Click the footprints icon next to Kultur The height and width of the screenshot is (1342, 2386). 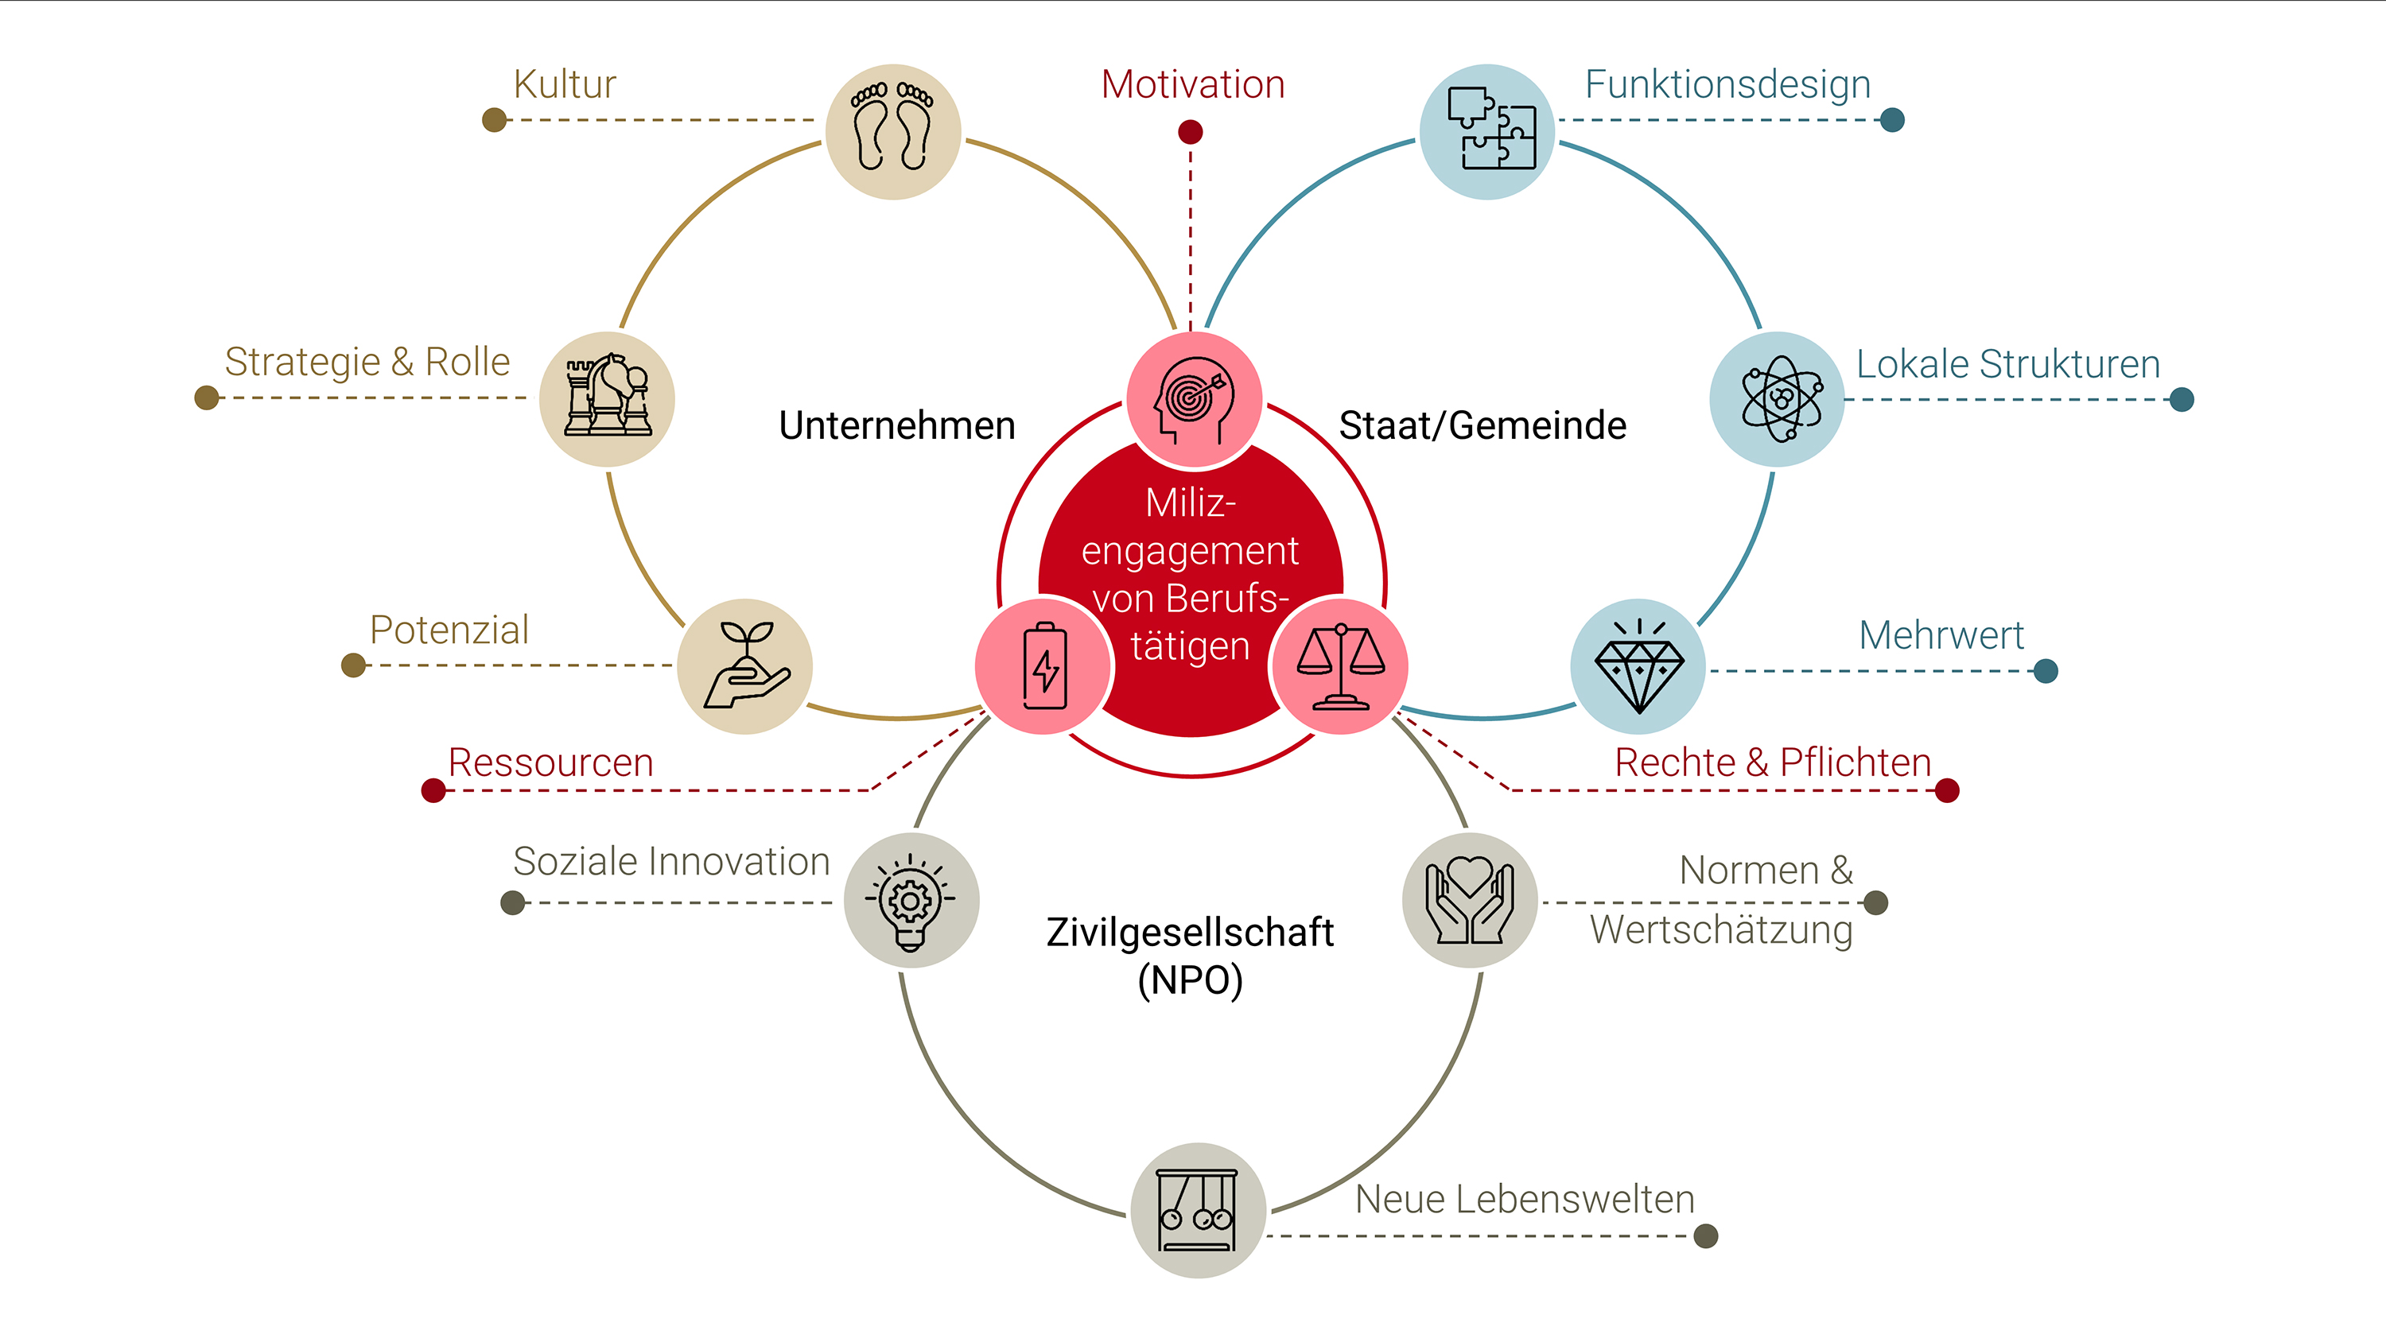tap(893, 127)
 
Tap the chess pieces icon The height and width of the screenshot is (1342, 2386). tap(608, 397)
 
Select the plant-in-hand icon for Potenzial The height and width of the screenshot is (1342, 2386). tap(747, 665)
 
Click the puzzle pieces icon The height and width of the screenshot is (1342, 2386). tap(1490, 129)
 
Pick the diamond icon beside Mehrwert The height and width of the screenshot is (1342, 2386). tap(1638, 667)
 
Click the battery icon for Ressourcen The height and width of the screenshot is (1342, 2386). tap(1045, 666)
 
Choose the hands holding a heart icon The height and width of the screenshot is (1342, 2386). tap(1470, 900)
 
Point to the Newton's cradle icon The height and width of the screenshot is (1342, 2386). tap(1198, 1211)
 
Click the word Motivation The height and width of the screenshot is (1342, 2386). tap(1193, 84)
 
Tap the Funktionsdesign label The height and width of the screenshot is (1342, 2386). tap(1727, 85)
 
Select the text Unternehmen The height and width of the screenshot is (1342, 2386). tap(896, 425)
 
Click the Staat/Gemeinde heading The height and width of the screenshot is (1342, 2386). tap(1482, 425)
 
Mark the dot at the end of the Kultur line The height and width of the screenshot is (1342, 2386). tap(495, 119)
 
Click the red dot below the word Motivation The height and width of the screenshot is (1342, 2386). tap(1191, 133)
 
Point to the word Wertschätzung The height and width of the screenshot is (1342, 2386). tap(1721, 930)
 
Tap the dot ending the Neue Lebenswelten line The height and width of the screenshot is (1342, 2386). tap(1705, 1235)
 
